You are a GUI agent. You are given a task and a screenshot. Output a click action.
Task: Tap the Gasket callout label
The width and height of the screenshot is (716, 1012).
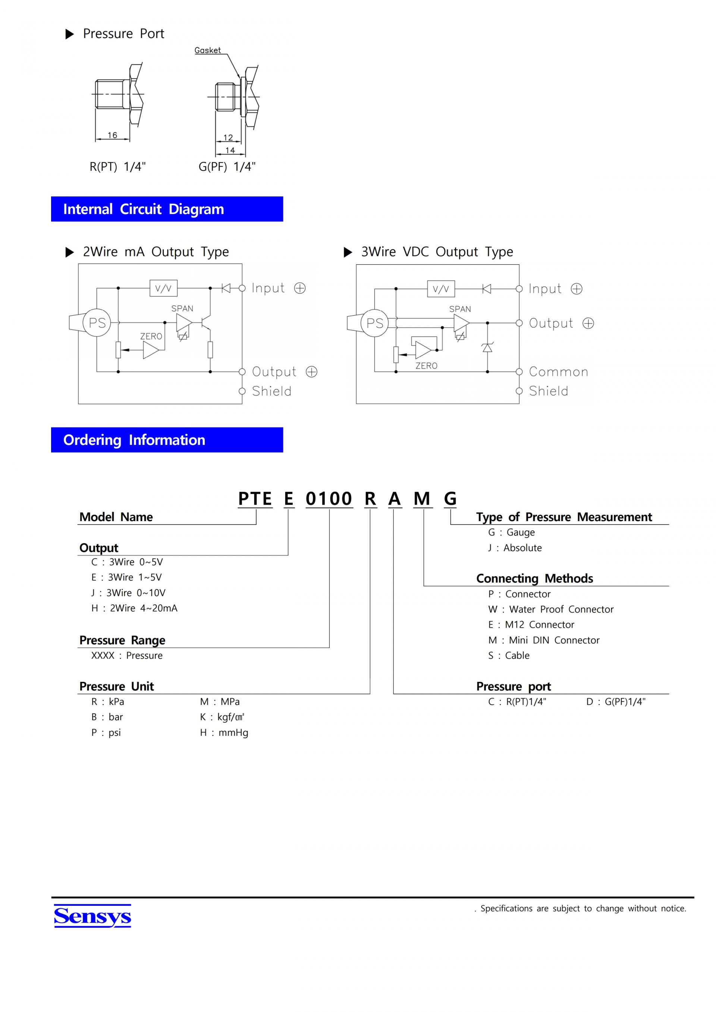tap(208, 50)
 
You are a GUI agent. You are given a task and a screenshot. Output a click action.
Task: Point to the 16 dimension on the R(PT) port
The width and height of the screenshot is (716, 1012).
tap(112, 135)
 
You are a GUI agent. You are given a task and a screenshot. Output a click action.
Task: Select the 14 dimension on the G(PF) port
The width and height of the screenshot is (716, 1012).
tap(230, 150)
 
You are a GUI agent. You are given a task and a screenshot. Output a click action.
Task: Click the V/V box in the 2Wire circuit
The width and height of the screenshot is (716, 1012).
tap(163, 288)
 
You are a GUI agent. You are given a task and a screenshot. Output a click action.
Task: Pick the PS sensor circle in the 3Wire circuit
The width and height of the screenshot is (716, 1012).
tap(375, 323)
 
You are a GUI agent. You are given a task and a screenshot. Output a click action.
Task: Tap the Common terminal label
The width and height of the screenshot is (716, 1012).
tap(558, 372)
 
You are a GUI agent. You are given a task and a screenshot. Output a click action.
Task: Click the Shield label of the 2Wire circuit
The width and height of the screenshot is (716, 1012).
tap(271, 391)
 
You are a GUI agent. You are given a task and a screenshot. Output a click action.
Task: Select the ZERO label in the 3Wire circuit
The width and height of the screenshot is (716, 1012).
tap(426, 366)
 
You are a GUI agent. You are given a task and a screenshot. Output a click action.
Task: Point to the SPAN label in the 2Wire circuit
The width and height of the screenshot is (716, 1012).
tap(182, 309)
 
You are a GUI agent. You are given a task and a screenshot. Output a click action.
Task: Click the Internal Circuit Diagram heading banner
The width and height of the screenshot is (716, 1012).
tap(167, 209)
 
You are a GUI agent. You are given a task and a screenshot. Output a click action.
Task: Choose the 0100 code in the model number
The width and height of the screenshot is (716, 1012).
tap(329, 498)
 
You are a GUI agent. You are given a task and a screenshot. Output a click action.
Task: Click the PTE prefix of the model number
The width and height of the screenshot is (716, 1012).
tap(255, 498)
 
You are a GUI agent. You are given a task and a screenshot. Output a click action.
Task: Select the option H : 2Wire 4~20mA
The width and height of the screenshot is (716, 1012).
tap(135, 608)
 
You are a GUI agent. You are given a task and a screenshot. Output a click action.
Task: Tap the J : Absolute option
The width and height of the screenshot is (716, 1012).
tap(515, 548)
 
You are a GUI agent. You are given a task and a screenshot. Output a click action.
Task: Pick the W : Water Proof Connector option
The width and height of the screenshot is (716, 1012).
tap(551, 609)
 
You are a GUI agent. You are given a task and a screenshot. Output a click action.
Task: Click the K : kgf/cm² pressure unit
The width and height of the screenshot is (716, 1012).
tap(222, 717)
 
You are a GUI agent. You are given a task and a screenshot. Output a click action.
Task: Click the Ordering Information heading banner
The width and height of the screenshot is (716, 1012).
tap(167, 440)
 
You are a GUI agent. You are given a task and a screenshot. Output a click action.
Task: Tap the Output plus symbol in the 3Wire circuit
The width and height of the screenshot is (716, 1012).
tap(588, 323)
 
